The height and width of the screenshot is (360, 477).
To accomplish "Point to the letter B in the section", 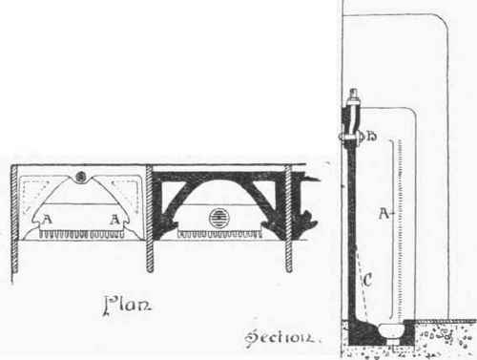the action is (373, 136).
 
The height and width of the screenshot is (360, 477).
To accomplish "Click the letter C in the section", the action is (367, 281).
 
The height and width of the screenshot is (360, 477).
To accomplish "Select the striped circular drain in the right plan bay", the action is (218, 218).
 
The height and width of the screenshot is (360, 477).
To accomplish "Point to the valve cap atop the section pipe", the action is (350, 96).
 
